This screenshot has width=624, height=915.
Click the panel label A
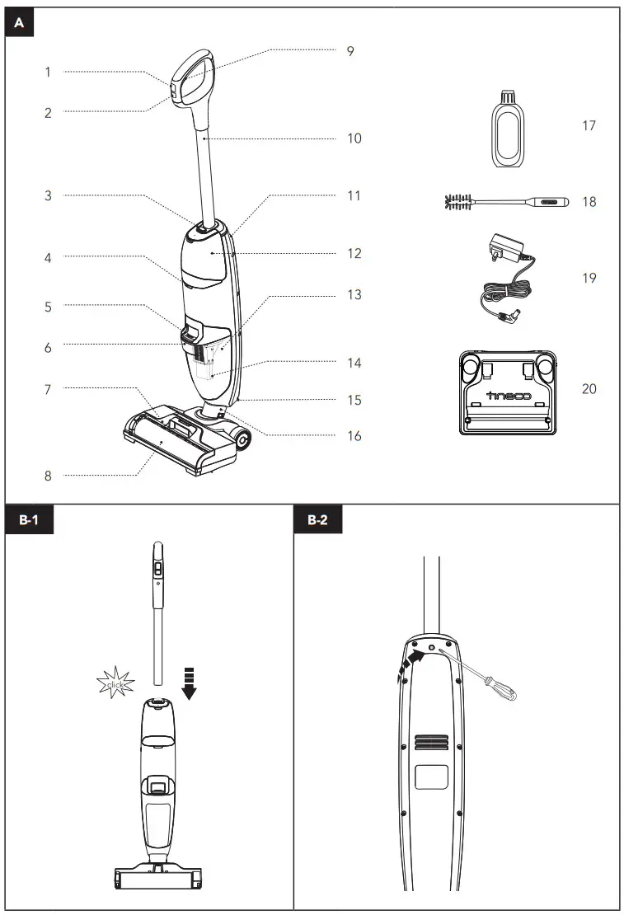pyautogui.click(x=19, y=23)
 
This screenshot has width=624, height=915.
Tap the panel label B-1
pyautogui.click(x=30, y=520)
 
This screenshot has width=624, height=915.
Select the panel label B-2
pyautogui.click(x=317, y=520)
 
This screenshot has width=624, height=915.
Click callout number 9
pyautogui.click(x=350, y=51)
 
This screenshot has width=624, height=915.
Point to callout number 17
pyautogui.click(x=589, y=126)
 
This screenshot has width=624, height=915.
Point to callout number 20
pyautogui.click(x=589, y=388)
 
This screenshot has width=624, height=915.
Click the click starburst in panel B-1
pyautogui.click(x=115, y=683)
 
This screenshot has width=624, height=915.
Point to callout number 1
pyautogui.click(x=48, y=73)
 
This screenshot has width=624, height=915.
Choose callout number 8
pyautogui.click(x=48, y=475)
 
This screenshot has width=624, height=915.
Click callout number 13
pyautogui.click(x=354, y=295)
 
